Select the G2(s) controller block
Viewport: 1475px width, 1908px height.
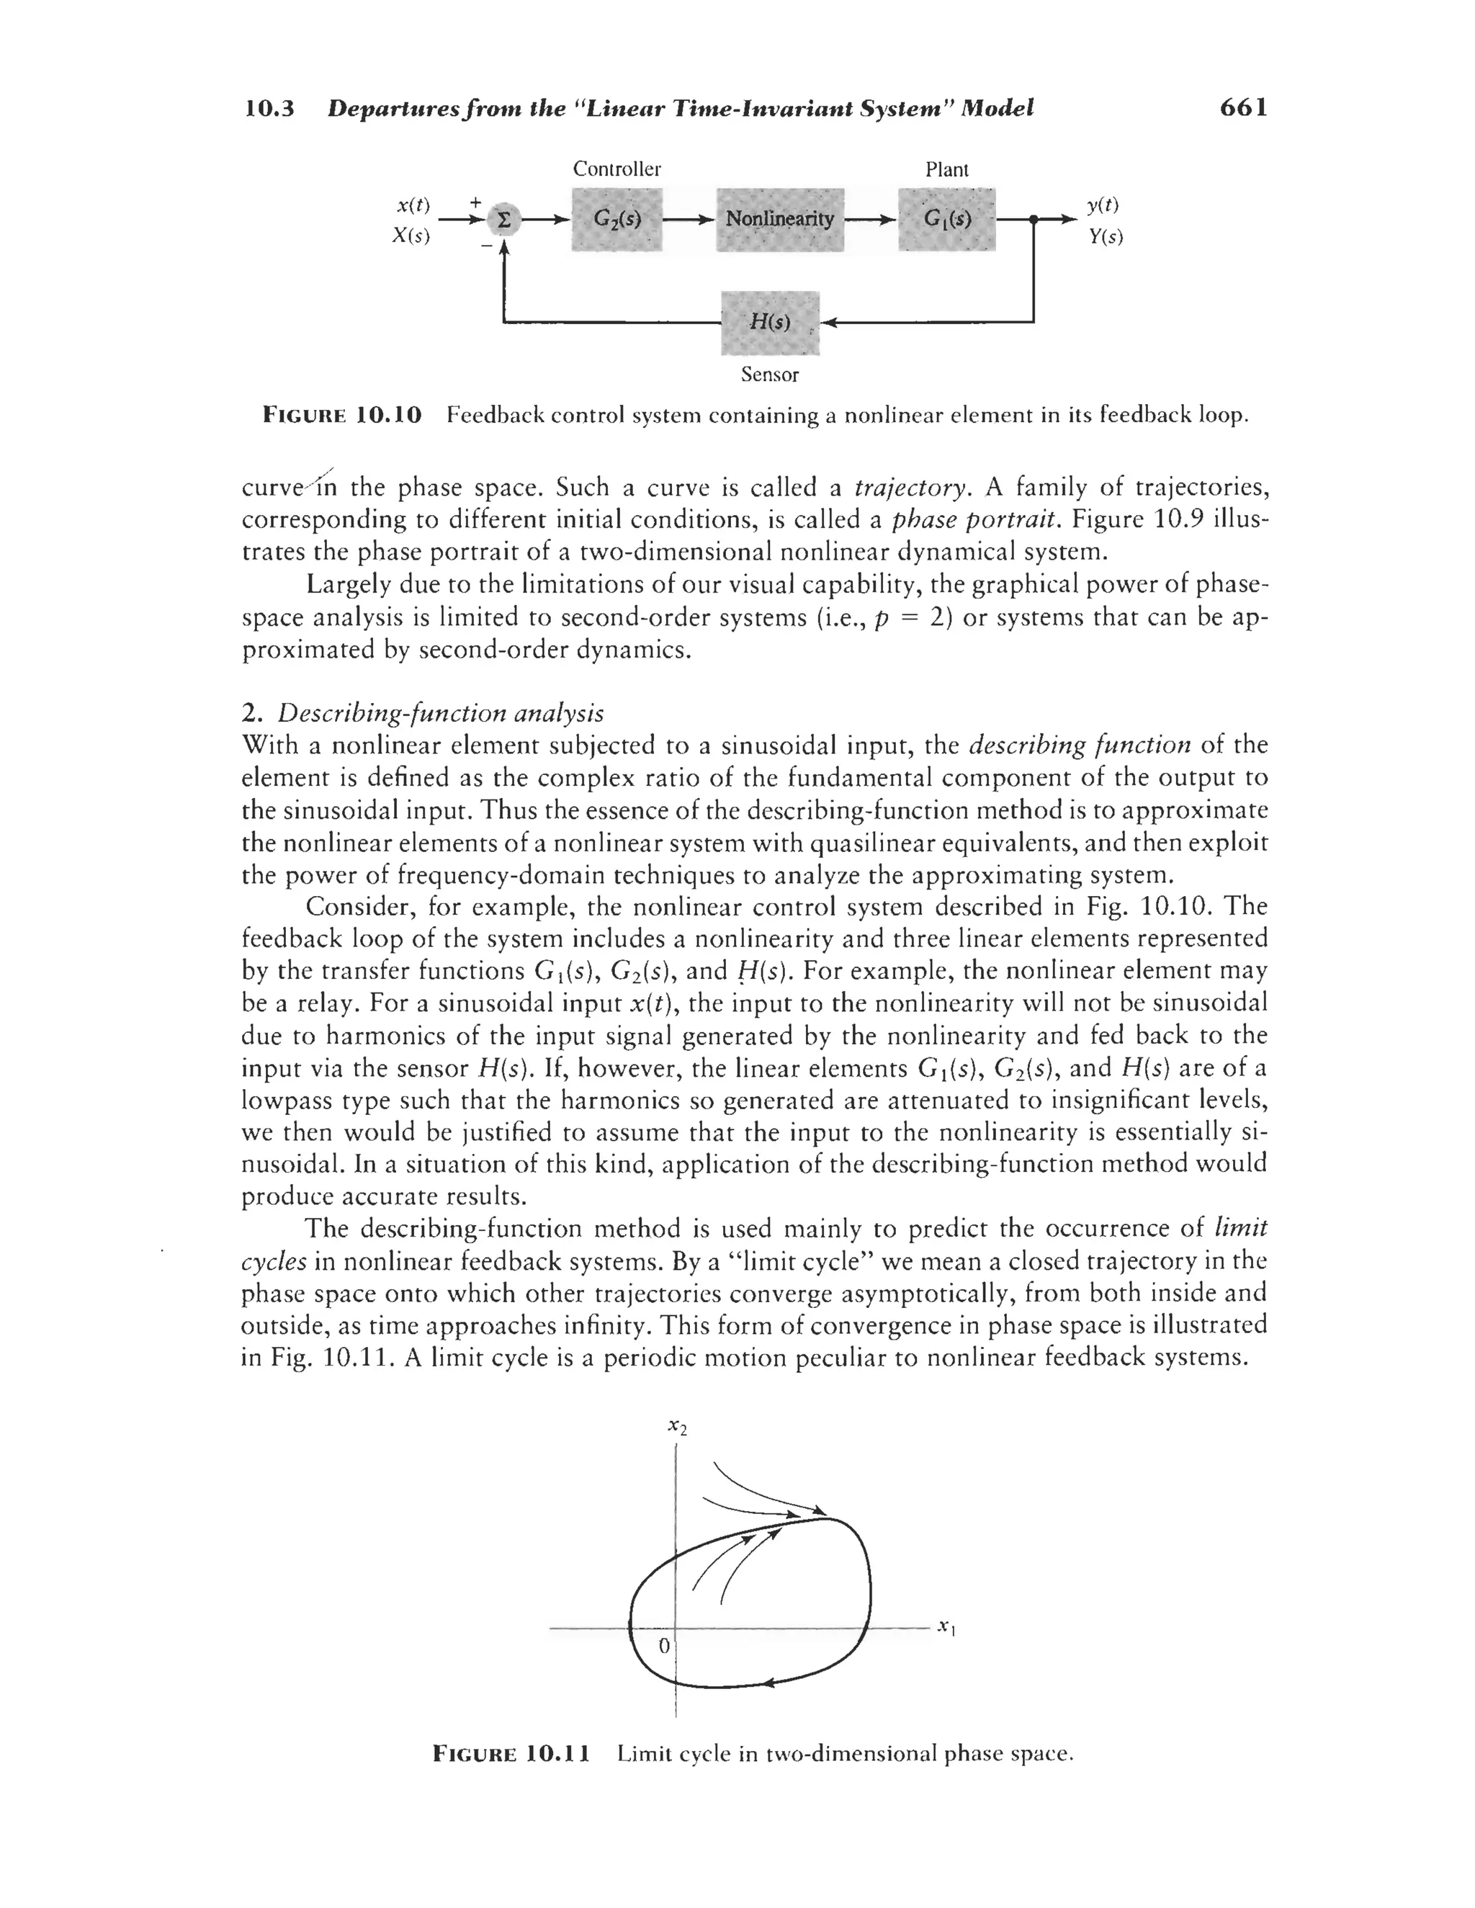point(617,219)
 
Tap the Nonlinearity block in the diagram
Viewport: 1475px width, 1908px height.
point(779,219)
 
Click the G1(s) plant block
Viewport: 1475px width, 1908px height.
point(946,219)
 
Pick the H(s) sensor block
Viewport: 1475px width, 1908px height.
point(770,323)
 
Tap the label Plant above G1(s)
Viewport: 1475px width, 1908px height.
point(946,169)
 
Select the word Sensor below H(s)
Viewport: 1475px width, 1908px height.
point(769,375)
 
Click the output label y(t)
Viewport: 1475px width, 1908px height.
point(1103,205)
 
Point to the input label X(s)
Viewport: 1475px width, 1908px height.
point(411,236)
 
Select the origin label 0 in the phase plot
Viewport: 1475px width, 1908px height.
point(663,1646)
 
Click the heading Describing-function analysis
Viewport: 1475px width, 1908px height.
point(440,713)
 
